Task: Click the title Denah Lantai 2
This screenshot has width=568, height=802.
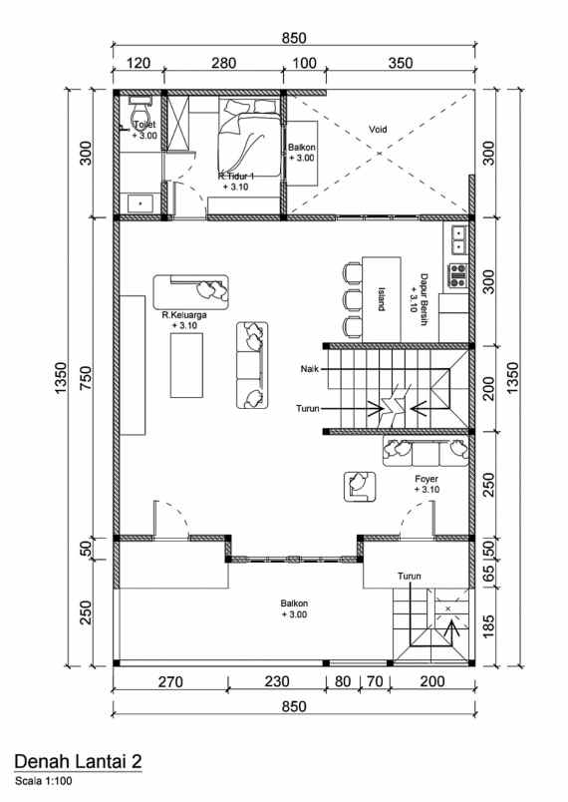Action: tap(78, 761)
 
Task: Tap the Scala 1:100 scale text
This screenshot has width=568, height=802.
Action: tap(44, 779)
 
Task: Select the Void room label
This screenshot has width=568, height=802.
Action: tap(378, 130)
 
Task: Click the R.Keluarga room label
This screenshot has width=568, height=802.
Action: tap(184, 319)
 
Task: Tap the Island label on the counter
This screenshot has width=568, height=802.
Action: tap(382, 298)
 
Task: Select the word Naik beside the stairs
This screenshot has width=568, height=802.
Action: tap(309, 369)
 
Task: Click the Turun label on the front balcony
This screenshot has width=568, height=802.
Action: tap(409, 577)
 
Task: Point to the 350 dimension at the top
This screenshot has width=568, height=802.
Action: tap(399, 63)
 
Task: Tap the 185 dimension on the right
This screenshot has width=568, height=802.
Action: tap(488, 626)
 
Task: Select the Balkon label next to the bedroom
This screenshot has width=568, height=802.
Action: tap(302, 152)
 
